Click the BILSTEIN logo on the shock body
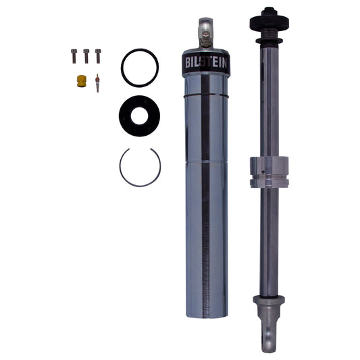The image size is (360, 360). (207, 63)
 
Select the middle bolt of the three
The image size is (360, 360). (86, 56)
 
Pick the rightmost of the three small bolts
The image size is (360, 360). (98, 56)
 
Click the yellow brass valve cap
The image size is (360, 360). (81, 80)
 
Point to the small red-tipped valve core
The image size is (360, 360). (97, 82)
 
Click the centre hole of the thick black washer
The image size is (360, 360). (140, 115)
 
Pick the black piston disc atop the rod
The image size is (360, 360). (269, 21)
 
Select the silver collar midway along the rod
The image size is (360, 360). (269, 172)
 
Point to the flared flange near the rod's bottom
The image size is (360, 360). (269, 299)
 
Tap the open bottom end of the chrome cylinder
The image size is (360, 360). (207, 314)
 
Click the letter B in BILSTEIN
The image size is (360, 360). (188, 63)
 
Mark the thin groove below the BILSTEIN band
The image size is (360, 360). (207, 96)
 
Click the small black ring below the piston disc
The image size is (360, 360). (269, 41)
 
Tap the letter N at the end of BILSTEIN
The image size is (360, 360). (226, 63)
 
